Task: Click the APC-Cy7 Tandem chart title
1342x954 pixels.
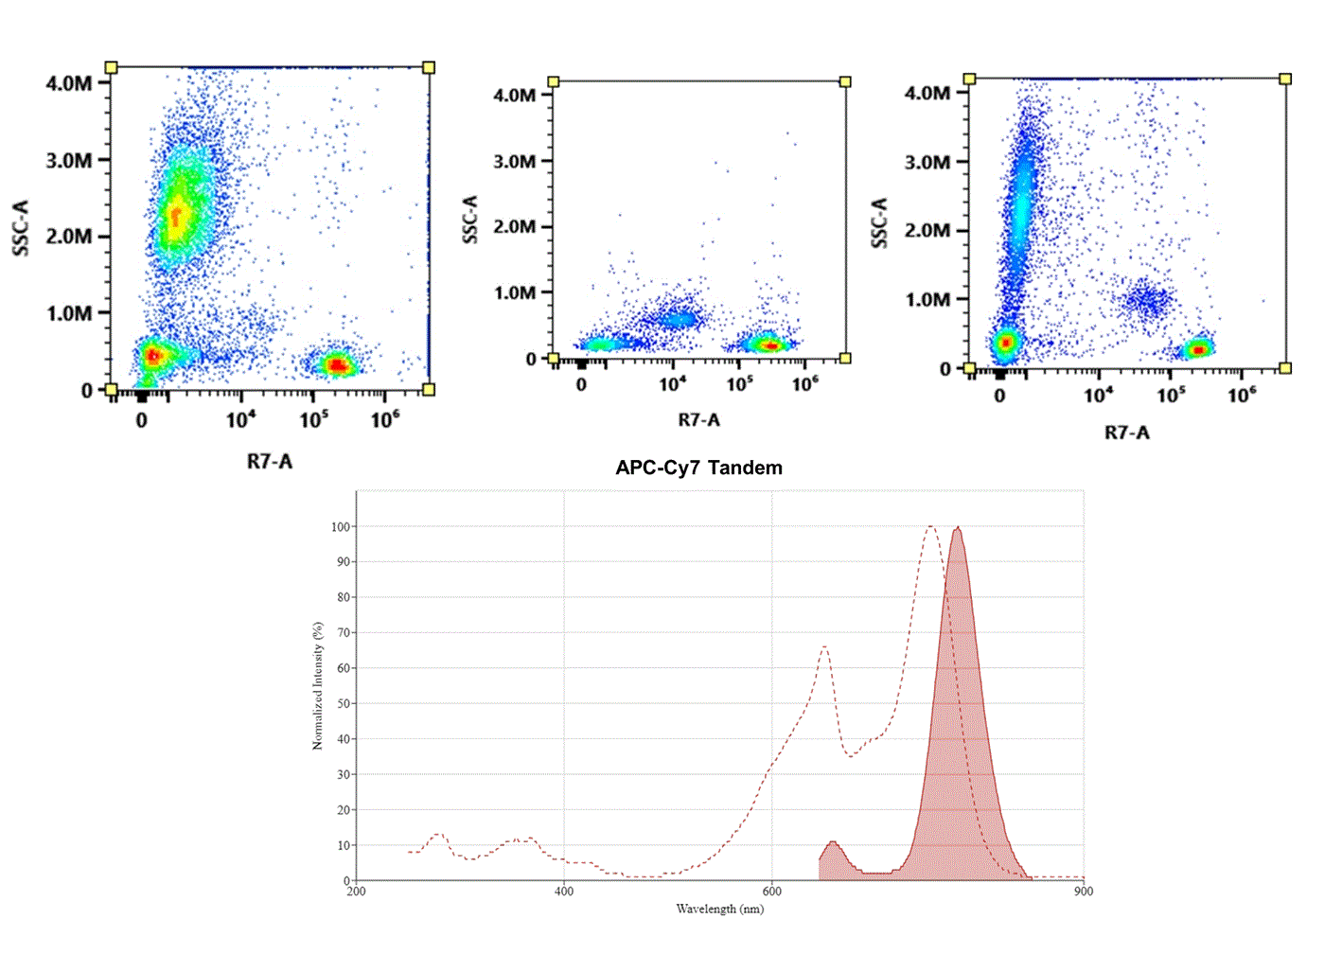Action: (x=698, y=468)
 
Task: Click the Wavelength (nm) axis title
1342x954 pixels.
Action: (x=719, y=910)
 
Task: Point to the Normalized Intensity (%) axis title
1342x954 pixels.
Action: (x=318, y=686)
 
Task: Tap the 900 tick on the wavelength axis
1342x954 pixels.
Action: (x=1084, y=892)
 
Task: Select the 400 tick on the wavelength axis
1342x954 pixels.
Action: (x=564, y=892)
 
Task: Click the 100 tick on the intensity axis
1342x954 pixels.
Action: (x=340, y=526)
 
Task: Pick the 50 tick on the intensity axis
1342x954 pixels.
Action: (x=343, y=703)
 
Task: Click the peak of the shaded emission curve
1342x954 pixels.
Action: (x=958, y=528)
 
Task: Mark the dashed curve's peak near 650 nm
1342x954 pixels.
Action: (x=824, y=647)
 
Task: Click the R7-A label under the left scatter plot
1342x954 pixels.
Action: (x=270, y=462)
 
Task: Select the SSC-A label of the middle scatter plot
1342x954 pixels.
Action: (x=470, y=220)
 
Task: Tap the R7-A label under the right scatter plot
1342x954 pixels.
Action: (x=1127, y=433)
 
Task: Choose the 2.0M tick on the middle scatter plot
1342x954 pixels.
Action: (x=515, y=227)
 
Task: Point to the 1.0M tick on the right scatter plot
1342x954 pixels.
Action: (x=927, y=300)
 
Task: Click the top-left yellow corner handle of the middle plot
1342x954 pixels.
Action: (x=554, y=82)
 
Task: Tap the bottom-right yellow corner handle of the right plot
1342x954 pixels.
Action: (x=1285, y=368)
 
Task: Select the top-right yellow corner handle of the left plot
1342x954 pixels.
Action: (x=429, y=67)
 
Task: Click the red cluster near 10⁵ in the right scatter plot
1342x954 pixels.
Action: (x=1199, y=349)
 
